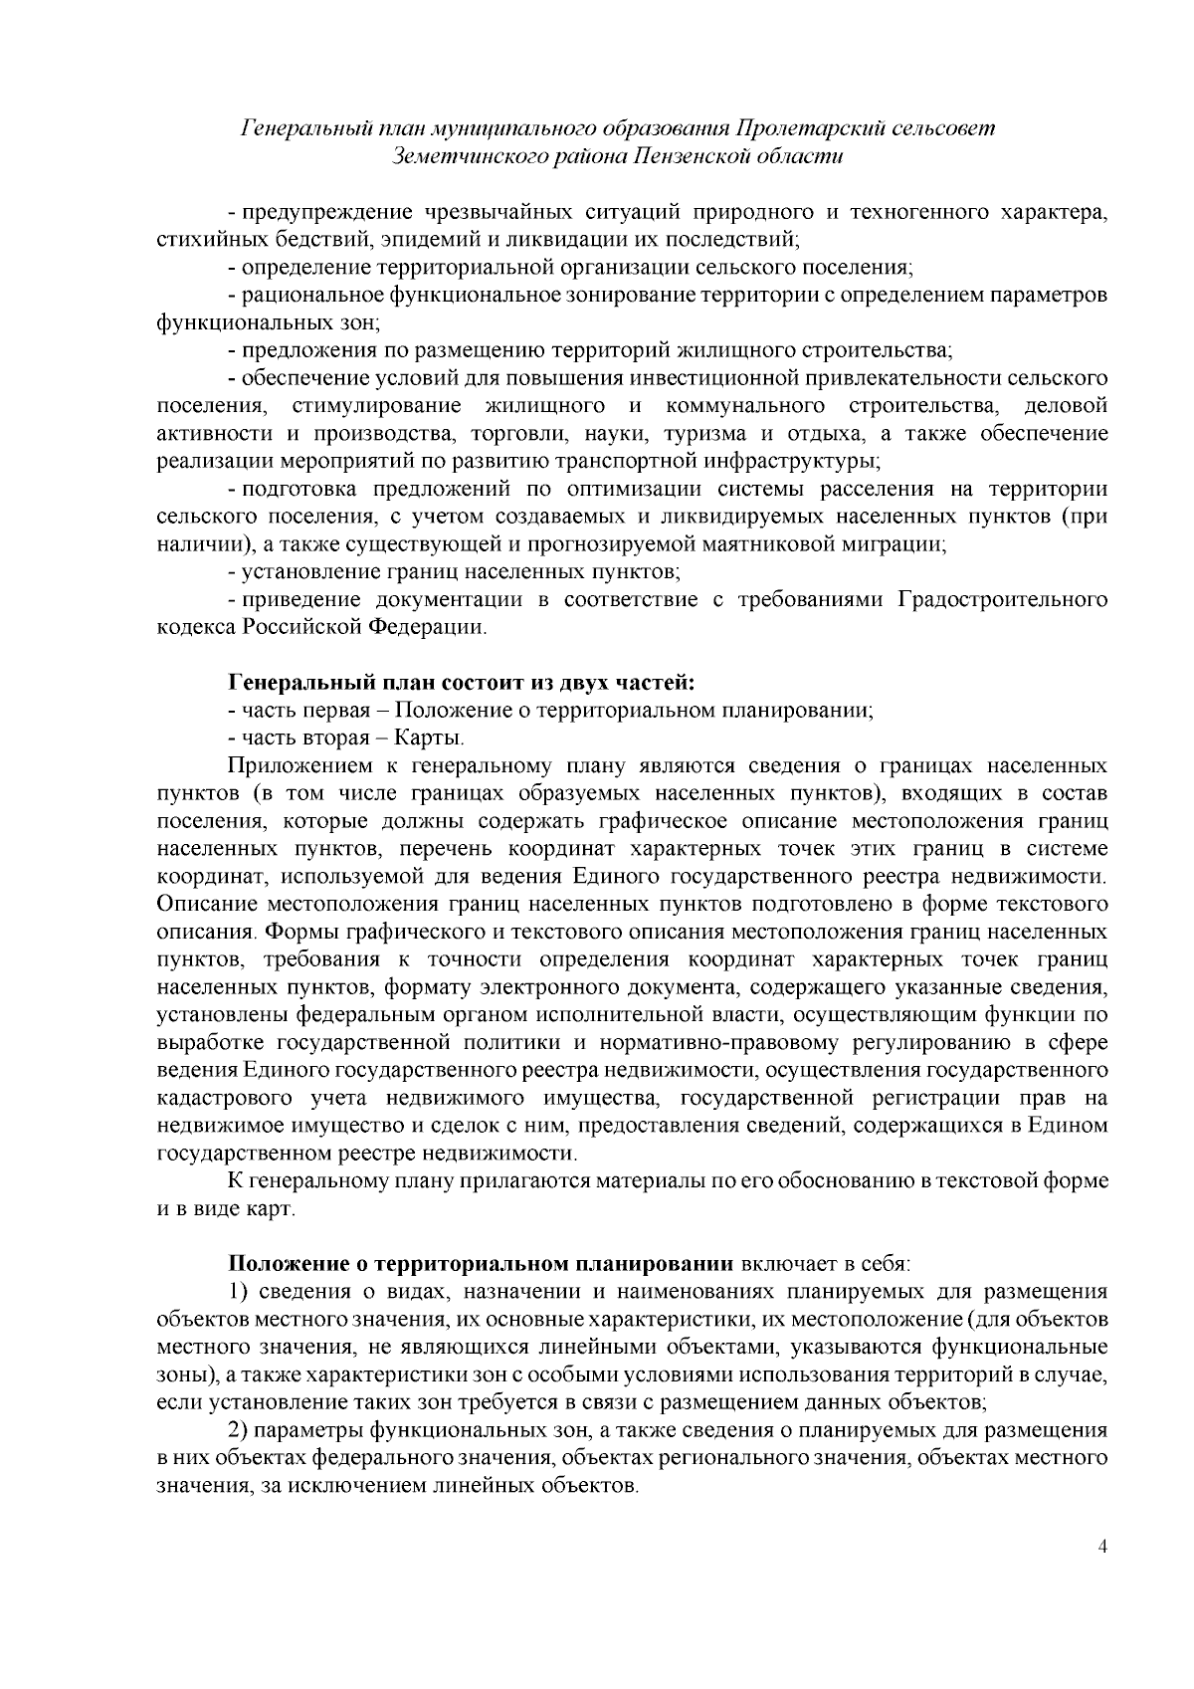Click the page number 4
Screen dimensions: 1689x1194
click(x=1101, y=1574)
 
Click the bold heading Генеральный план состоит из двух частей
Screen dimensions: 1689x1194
click(x=462, y=683)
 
